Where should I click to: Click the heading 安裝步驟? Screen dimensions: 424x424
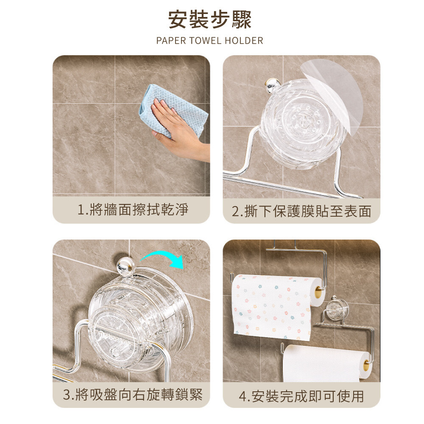[x=210, y=20]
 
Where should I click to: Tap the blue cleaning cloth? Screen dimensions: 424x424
[x=173, y=109]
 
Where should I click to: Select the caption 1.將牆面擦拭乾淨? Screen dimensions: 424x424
[x=133, y=209]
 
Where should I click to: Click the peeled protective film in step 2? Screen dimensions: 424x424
[x=335, y=93]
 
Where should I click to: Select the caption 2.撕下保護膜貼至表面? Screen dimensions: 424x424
[x=301, y=211]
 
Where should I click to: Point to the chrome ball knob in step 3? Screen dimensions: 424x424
[x=125, y=265]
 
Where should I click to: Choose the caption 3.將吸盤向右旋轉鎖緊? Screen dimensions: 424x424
[x=133, y=394]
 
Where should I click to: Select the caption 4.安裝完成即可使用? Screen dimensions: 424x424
[x=301, y=396]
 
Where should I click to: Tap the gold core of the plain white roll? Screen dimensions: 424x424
[x=366, y=365]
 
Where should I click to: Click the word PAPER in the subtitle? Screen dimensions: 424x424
[x=171, y=41]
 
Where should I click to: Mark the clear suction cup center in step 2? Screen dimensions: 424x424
[x=305, y=120]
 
